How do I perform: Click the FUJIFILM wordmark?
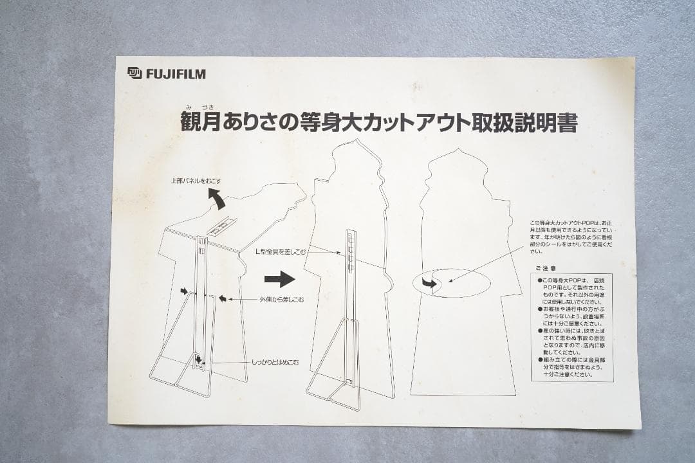(x=176, y=74)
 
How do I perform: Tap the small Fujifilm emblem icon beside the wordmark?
(x=134, y=73)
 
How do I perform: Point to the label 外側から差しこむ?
(x=281, y=299)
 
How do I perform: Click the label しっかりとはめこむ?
(x=275, y=363)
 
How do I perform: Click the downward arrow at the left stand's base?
(x=199, y=359)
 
